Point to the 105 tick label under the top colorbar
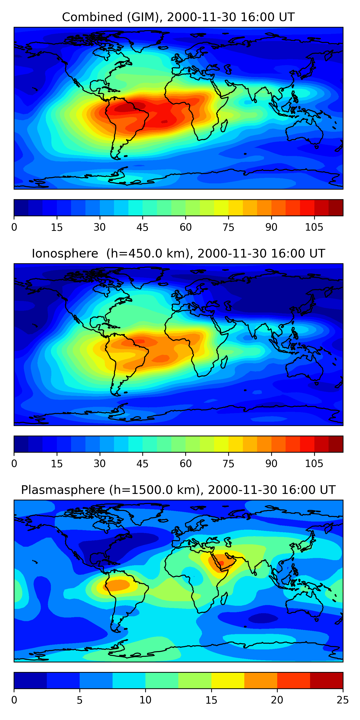pos(314,227)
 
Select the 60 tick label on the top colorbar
pos(186,227)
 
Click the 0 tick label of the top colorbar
pos(14,227)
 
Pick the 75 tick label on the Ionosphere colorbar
pos(228,464)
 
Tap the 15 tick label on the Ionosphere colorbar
pos(57,464)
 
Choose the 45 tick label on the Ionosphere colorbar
pos(143,464)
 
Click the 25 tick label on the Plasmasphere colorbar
pos(343,700)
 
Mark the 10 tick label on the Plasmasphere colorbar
pos(145,700)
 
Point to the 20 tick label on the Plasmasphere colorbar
pos(277,700)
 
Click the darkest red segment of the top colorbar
pos(336,208)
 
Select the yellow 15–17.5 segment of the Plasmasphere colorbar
pos(228,680)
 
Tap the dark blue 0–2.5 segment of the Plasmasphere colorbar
pos(30,680)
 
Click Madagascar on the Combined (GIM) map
pos(224,126)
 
